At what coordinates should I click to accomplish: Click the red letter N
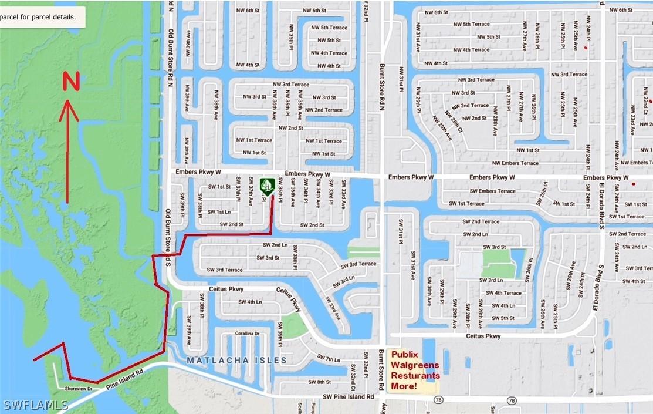point(71,82)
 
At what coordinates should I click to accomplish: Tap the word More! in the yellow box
point(404,386)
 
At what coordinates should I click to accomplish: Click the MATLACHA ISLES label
point(236,360)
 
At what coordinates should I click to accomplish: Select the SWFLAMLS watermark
point(35,405)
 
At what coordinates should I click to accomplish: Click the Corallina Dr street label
point(248,333)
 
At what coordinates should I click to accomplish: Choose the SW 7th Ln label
point(328,359)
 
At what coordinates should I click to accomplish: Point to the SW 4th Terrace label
point(503,292)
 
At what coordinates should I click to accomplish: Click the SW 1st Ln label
point(219,211)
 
